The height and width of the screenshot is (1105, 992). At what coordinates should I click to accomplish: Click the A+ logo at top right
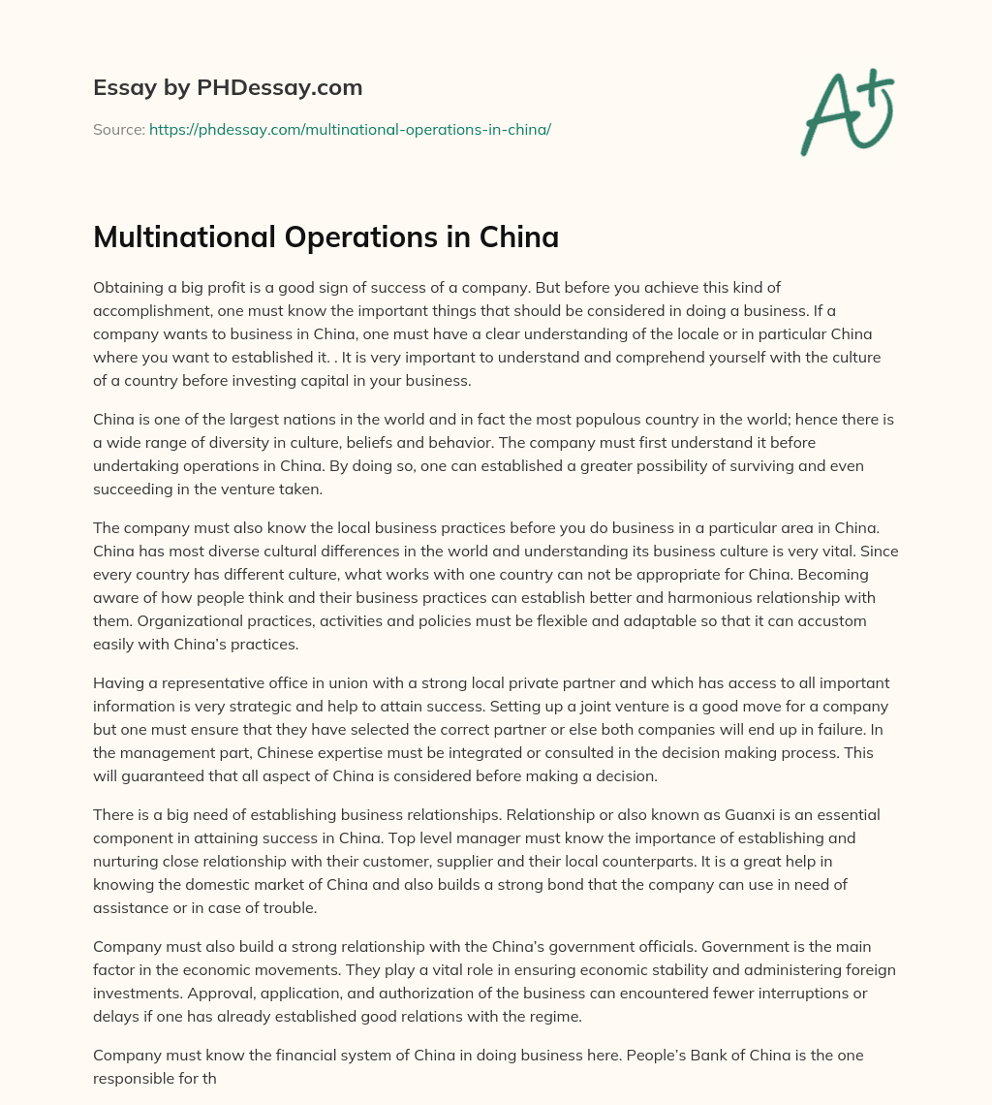[847, 111]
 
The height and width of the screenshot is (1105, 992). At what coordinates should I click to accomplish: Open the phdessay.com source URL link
[350, 129]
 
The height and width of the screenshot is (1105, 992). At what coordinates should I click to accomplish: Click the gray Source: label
[118, 129]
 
